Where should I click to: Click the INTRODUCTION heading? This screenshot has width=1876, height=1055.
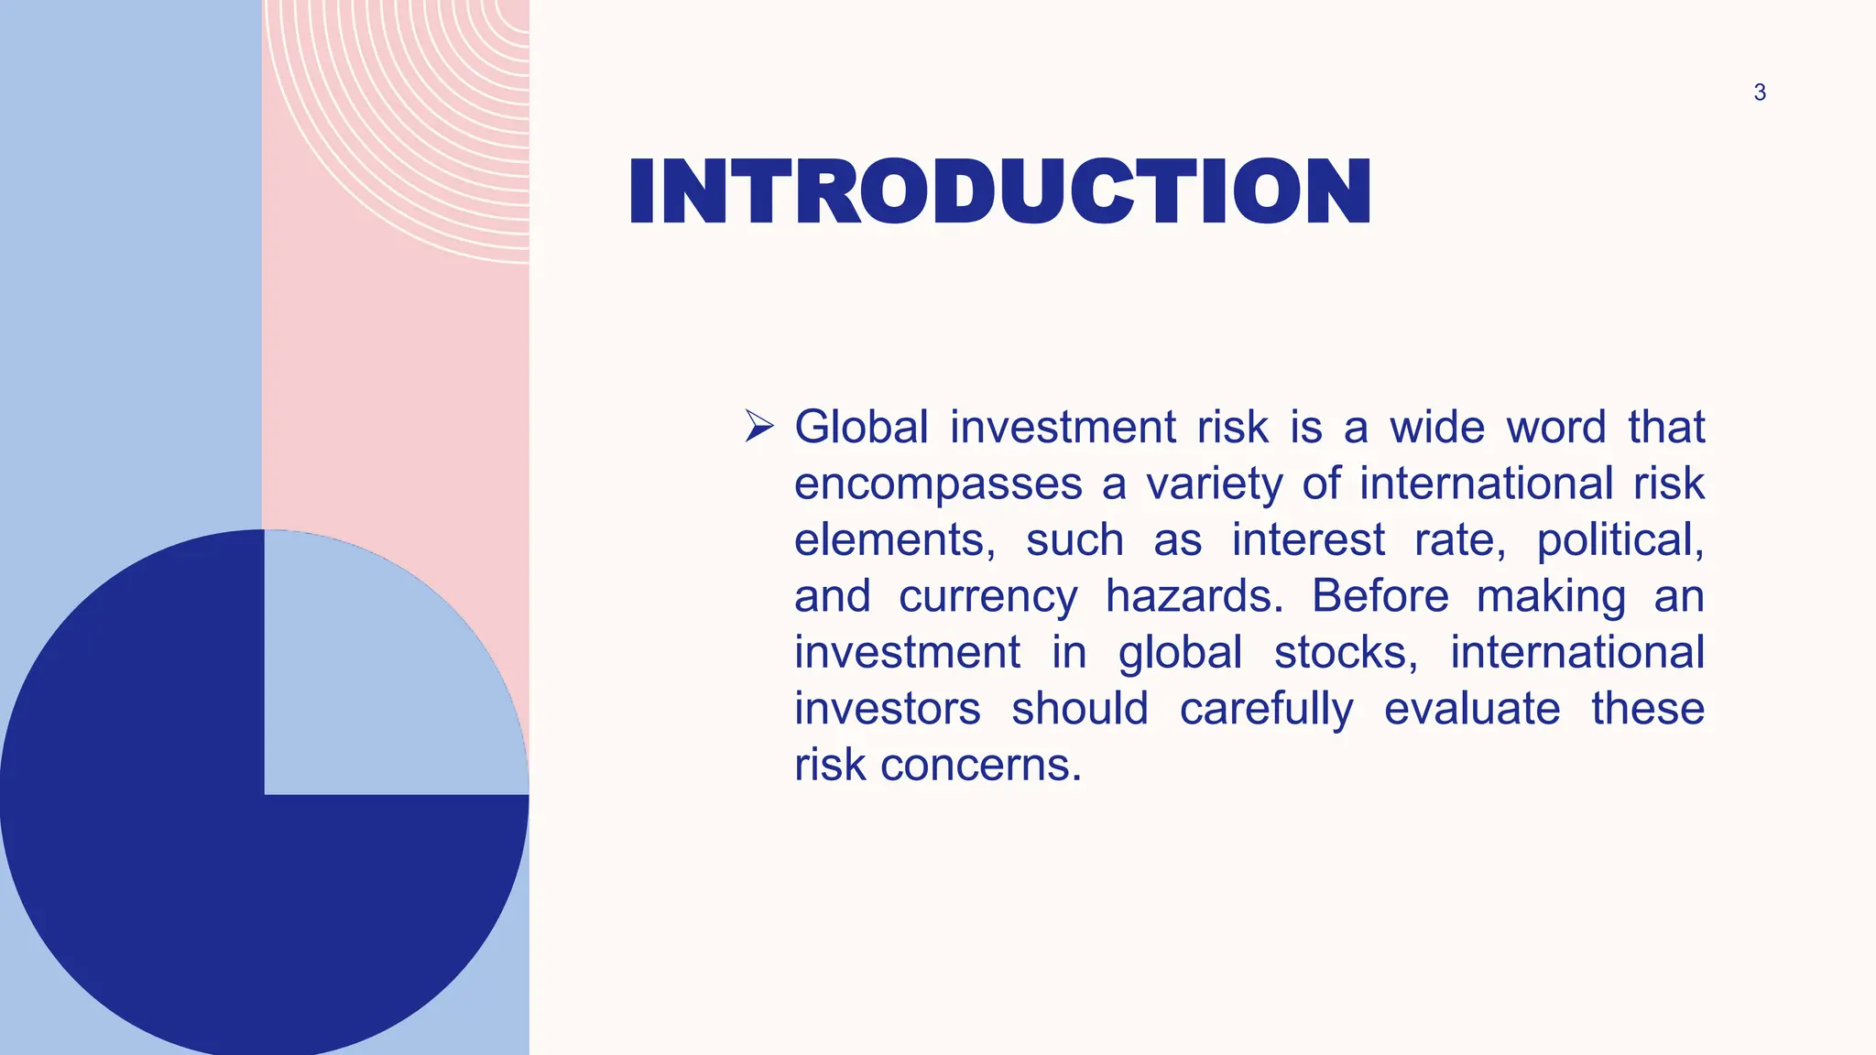999,191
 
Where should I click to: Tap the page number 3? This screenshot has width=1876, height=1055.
1759,92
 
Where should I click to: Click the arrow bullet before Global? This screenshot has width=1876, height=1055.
759,426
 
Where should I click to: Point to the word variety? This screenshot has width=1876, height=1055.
1214,484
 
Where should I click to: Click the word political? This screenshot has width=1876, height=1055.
1620,540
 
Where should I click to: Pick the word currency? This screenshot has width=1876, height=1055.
988,597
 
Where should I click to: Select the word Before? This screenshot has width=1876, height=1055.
1380,596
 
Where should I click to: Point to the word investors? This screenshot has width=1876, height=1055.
887,709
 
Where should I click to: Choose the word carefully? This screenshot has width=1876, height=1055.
1266,710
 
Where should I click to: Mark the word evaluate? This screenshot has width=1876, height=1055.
1472,709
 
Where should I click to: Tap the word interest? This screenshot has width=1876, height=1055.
1307,540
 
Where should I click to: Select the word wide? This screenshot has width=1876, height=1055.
1436,428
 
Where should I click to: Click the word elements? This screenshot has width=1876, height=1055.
894,540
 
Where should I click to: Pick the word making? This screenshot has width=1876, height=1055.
1551,597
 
